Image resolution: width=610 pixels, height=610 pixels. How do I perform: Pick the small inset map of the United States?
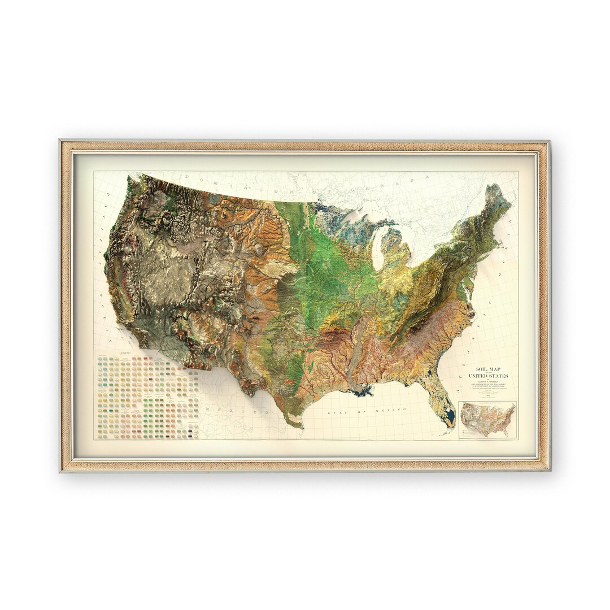(x=487, y=420)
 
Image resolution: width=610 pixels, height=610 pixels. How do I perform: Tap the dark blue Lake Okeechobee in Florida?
(x=450, y=419)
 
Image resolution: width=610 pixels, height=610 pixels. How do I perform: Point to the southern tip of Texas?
(x=294, y=425)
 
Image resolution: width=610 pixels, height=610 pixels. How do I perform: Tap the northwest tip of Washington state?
(x=129, y=180)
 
